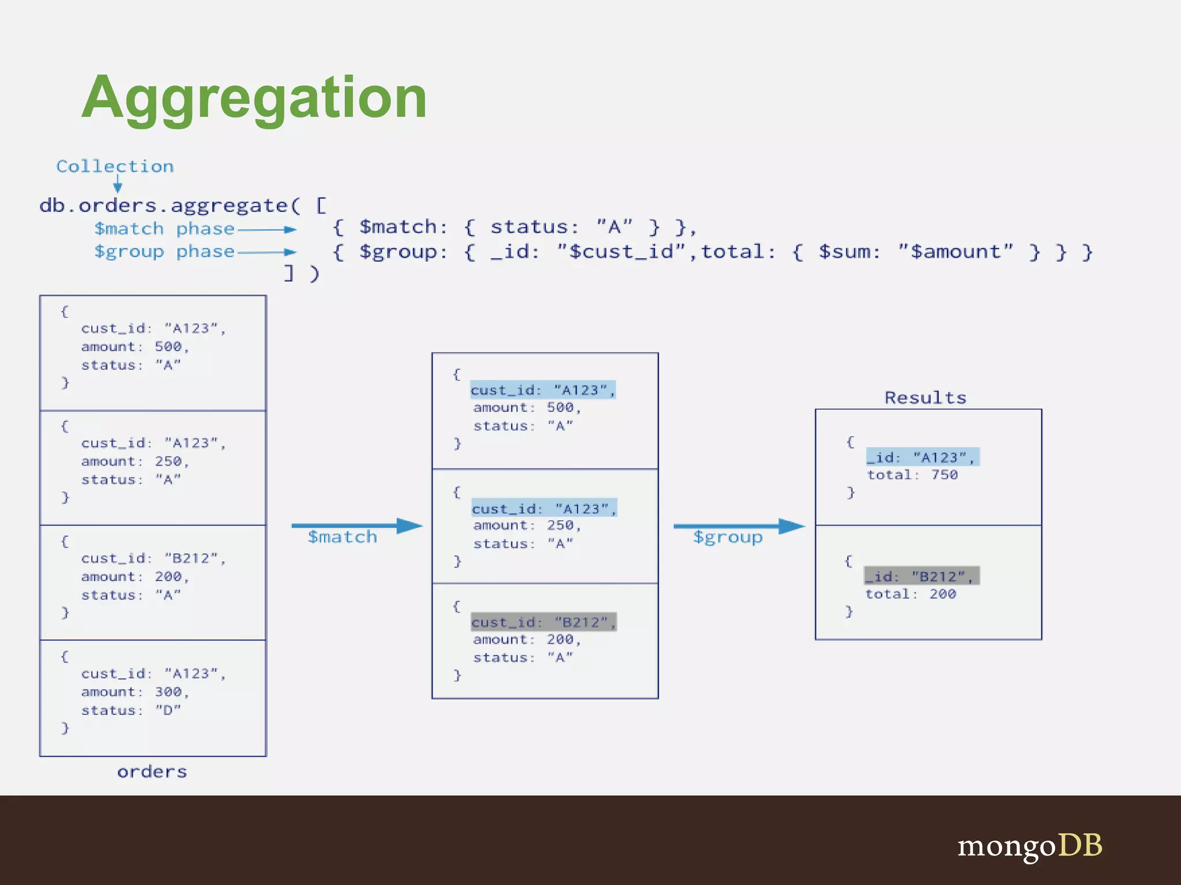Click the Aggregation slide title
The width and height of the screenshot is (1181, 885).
pos(254,98)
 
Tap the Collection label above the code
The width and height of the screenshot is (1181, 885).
pos(115,167)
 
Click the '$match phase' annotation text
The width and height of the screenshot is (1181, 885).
pos(164,229)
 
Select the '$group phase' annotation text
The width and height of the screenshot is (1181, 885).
pos(164,252)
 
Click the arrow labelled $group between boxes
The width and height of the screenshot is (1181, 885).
pos(738,525)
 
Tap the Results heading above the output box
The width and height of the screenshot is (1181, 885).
pos(925,398)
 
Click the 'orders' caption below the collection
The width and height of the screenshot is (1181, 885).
pos(152,771)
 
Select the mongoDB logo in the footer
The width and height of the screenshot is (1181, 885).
pos(1030,846)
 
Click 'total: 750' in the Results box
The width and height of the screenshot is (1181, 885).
pos(912,475)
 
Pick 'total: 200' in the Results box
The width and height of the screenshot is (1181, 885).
pos(911,594)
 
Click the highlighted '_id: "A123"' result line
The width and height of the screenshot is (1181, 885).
pos(922,457)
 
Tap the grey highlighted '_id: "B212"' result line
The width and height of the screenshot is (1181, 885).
pos(921,576)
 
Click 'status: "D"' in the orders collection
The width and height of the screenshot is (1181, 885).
pos(131,710)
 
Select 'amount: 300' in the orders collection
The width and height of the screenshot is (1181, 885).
pos(135,692)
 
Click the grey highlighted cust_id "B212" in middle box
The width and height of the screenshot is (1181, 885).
pos(544,622)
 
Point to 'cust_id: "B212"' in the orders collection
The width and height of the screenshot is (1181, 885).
pos(153,558)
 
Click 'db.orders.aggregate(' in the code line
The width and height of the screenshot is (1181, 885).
pos(170,206)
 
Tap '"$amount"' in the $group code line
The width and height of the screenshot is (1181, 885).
pos(955,252)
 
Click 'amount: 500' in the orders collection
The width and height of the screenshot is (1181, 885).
pos(135,347)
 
